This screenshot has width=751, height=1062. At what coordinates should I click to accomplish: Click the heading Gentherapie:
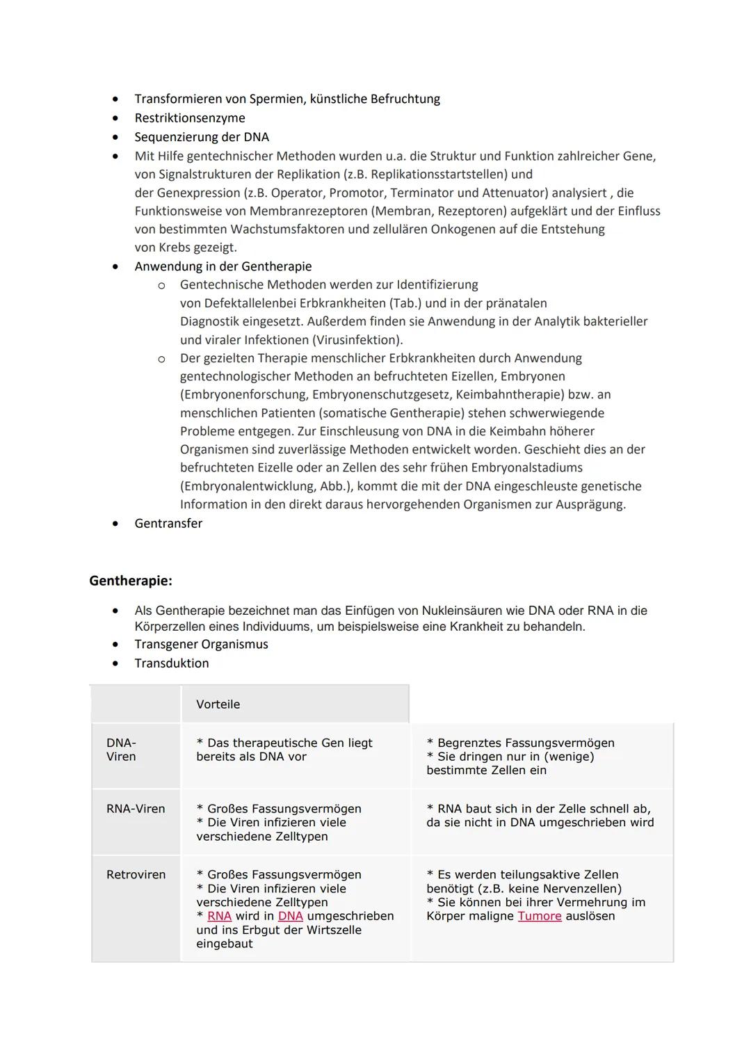[x=130, y=580]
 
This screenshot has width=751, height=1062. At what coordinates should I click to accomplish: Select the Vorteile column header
[x=218, y=704]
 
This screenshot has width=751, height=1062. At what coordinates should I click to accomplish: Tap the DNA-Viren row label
[x=121, y=750]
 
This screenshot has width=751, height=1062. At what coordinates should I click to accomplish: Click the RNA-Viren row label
[x=136, y=809]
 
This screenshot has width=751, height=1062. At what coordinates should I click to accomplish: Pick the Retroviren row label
[x=136, y=874]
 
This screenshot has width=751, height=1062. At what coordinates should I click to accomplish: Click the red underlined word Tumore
[x=539, y=916]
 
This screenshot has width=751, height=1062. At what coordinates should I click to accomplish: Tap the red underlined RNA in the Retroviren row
[x=219, y=916]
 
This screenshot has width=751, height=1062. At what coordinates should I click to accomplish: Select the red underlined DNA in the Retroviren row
[x=290, y=916]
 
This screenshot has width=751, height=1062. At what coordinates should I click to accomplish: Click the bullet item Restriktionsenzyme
[x=189, y=118]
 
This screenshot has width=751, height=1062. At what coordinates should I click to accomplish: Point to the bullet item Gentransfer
[x=168, y=523]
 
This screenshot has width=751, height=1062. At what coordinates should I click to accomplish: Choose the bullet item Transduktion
[x=171, y=663]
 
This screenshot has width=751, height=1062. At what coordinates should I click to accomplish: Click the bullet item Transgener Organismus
[x=201, y=644]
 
